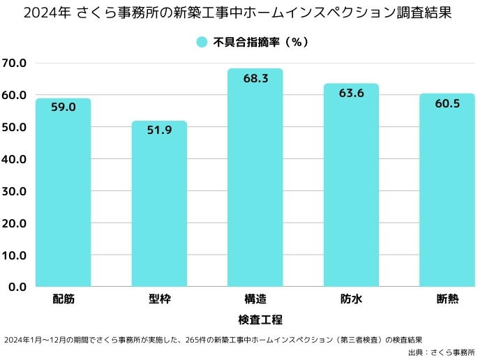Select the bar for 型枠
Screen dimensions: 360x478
159,209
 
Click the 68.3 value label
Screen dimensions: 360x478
255,79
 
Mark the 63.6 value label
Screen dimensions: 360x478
351,93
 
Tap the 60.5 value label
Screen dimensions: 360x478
447,103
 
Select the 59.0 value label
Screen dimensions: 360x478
64,107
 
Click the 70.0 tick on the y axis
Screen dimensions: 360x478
14,63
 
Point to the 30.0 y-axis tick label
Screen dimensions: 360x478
14,191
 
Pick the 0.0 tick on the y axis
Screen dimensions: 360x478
17,287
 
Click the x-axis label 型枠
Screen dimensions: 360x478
159,299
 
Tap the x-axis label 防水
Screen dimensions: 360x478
351,299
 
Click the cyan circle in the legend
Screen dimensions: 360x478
202,42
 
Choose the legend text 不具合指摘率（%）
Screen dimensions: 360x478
260,42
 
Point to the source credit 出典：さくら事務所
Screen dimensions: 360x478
441,352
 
